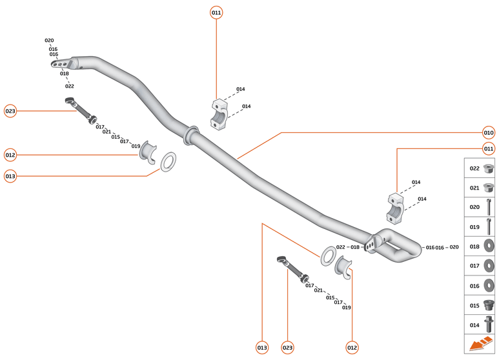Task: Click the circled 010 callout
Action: point(489,133)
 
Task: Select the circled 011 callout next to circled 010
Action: point(489,149)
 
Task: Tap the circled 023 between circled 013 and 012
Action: point(287,348)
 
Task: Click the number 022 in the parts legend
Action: point(474,168)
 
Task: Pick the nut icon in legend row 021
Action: point(489,188)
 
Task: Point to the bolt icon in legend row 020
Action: point(489,207)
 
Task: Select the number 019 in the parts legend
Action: point(474,227)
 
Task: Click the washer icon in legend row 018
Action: point(489,246)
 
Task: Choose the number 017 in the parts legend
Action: point(474,266)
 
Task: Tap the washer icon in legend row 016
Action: point(489,285)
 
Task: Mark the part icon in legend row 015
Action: point(489,305)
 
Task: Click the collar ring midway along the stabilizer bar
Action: point(192,134)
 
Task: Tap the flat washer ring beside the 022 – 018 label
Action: point(327,255)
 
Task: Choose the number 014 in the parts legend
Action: point(474,325)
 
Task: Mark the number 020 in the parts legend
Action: point(474,208)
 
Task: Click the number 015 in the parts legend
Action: point(474,305)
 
